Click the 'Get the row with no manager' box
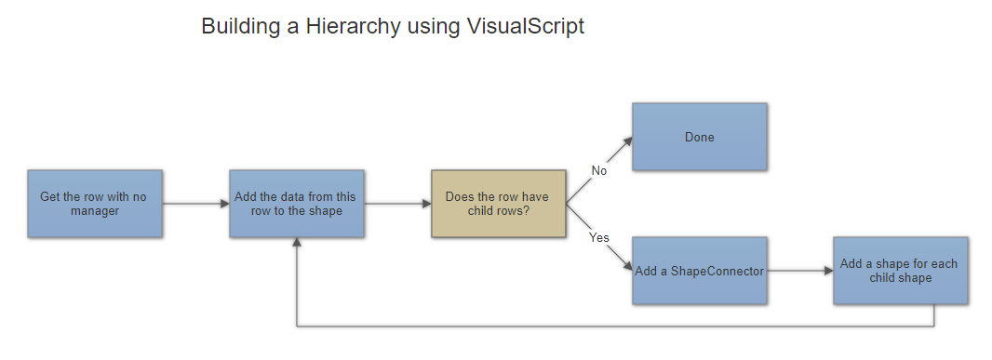pyautogui.click(x=95, y=204)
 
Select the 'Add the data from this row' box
pyautogui.click(x=296, y=204)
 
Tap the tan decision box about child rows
pyautogui.click(x=498, y=204)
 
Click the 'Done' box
pyautogui.click(x=699, y=137)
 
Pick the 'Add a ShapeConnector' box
pyautogui.click(x=699, y=271)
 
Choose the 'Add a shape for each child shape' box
pyautogui.click(x=900, y=271)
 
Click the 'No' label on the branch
pyautogui.click(x=598, y=170)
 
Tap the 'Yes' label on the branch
pyautogui.click(x=599, y=238)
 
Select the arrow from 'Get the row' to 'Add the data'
pyautogui.click(x=195, y=204)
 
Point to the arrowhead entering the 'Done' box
pyautogui.click(x=628, y=140)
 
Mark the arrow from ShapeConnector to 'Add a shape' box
pyautogui.click(x=799, y=271)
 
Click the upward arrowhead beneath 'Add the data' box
pyautogui.click(x=296, y=242)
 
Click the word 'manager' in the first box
pyautogui.click(x=95, y=211)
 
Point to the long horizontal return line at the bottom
pyautogui.click(x=614, y=327)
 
